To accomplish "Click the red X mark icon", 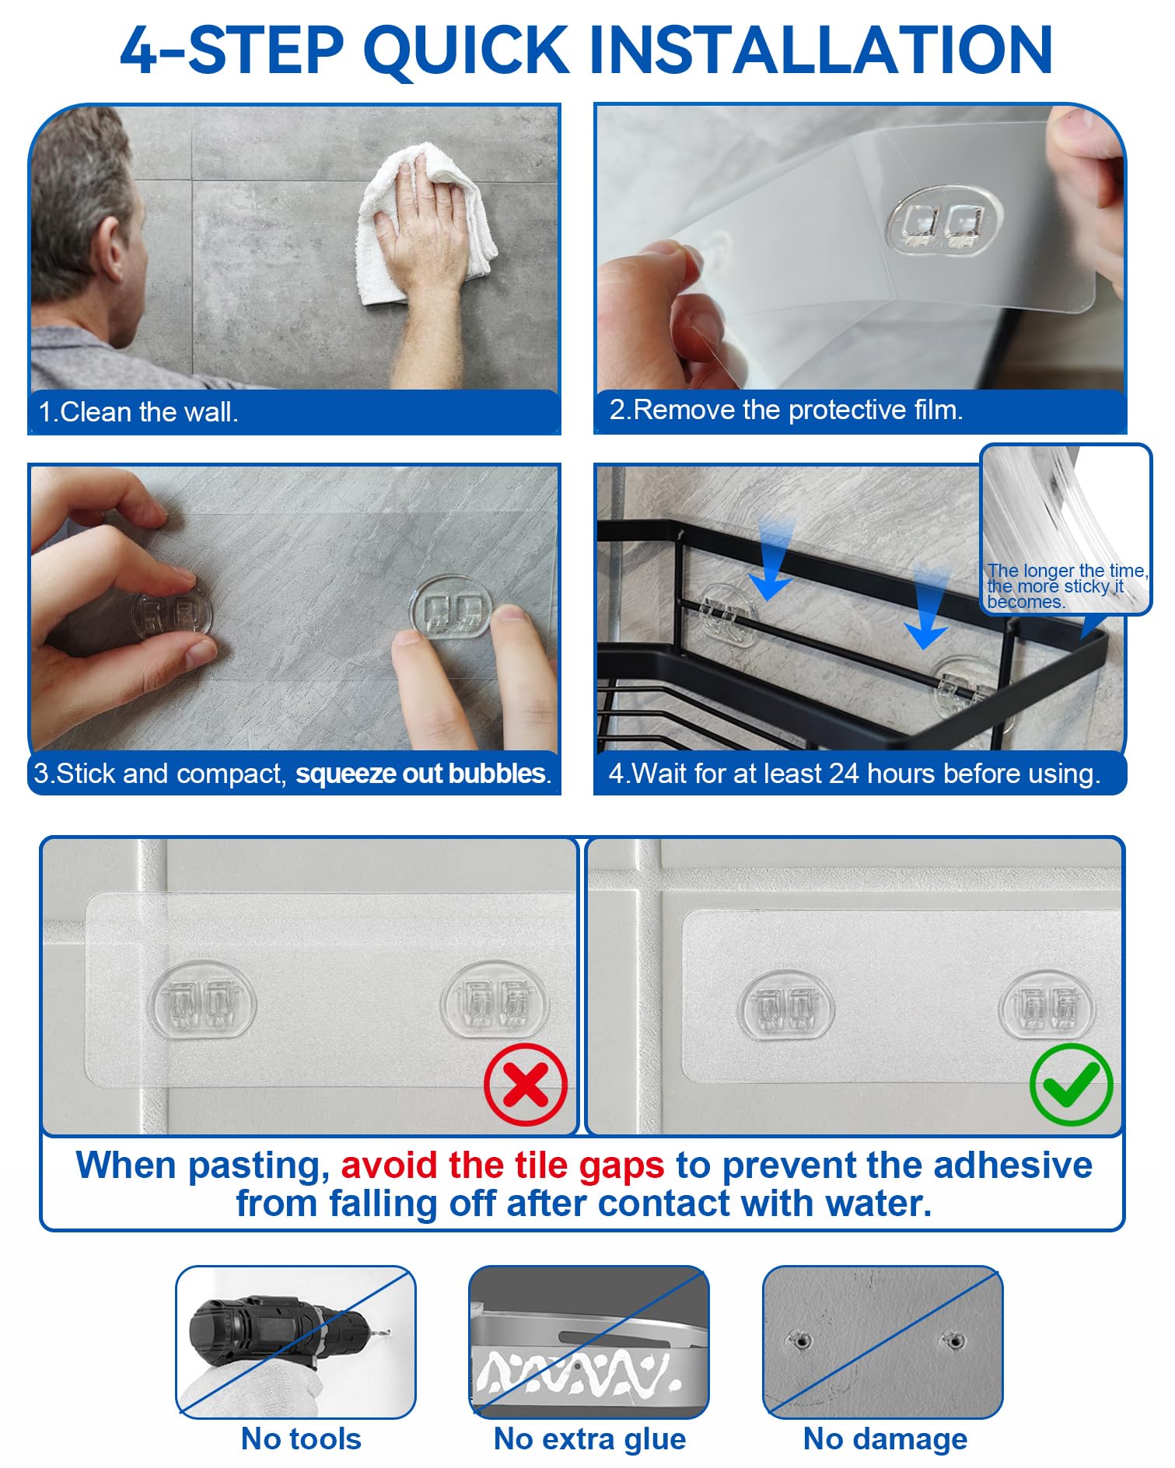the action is click(x=526, y=1084).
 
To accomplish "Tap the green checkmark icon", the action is click(x=1071, y=1084).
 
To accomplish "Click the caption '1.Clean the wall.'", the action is click(x=138, y=412).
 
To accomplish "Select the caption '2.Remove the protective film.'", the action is click(x=786, y=410).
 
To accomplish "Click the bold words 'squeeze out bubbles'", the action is click(x=421, y=774).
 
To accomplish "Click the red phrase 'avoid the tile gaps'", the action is click(x=502, y=1165).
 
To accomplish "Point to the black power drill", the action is click(x=276, y=1332).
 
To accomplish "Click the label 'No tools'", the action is click(x=301, y=1439).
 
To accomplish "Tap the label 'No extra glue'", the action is click(x=589, y=1439).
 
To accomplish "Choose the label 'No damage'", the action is click(x=885, y=1439).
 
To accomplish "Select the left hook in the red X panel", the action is click(x=203, y=1000).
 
